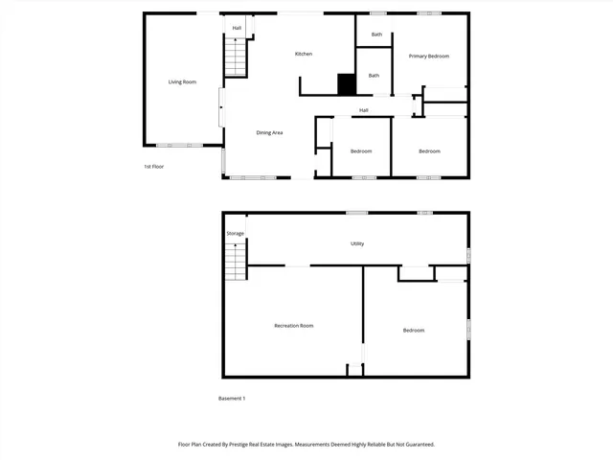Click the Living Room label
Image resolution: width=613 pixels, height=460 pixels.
(182, 82)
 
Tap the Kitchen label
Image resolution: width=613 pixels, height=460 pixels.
(303, 54)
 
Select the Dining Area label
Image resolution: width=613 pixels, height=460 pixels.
(269, 132)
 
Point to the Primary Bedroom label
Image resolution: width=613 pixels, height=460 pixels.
(429, 57)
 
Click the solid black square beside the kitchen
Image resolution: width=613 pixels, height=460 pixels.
(347, 84)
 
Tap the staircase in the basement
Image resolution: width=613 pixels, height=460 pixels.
(236, 261)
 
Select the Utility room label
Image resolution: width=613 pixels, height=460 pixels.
(356, 243)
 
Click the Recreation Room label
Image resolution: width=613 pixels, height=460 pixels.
(294, 326)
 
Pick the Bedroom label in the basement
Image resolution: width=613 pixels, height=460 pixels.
(413, 331)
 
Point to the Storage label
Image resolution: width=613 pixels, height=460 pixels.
(235, 234)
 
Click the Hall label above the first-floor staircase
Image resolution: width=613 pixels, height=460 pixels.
(237, 28)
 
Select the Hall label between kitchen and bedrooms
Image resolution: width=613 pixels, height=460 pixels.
(364, 110)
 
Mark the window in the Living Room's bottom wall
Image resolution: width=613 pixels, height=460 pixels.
(174, 146)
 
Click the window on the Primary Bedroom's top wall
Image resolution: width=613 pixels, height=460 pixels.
(428, 13)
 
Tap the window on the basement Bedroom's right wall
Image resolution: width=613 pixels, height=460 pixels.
(468, 328)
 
